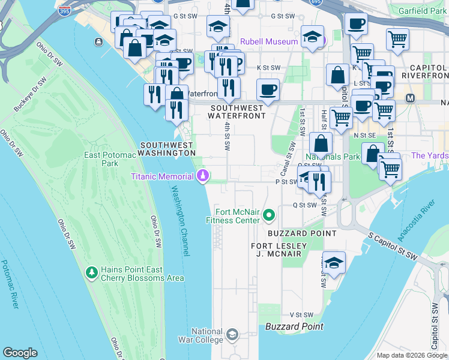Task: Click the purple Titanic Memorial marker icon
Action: [x=203, y=176]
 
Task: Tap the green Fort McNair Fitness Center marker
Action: [x=270, y=214]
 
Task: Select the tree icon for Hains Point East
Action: [x=92, y=273]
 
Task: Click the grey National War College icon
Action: [x=233, y=334]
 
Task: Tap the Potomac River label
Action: [x=10, y=284]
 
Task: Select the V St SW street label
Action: [x=302, y=314]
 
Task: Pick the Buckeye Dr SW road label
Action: [x=28, y=96]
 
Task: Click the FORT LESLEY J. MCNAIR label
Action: [x=279, y=250]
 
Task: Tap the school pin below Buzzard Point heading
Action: [x=334, y=262]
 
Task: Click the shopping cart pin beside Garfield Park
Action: [x=397, y=40]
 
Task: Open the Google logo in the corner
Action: [x=20, y=353]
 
